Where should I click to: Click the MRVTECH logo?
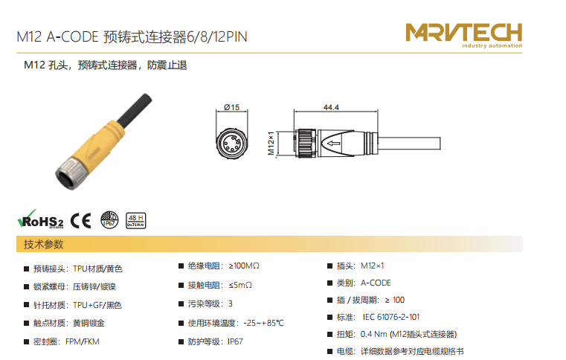click(x=464, y=35)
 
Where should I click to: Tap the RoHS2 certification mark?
click(x=40, y=219)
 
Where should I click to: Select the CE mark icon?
click(x=81, y=221)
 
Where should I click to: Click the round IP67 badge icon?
click(x=109, y=220)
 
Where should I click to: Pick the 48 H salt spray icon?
click(x=135, y=221)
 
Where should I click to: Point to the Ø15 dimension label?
click(x=231, y=107)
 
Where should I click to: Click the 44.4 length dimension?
click(x=331, y=107)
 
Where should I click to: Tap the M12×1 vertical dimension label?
click(x=271, y=143)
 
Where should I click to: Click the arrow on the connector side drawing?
click(x=333, y=144)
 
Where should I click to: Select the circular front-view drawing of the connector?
click(x=232, y=143)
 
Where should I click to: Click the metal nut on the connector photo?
click(x=70, y=173)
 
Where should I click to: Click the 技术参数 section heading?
click(x=44, y=245)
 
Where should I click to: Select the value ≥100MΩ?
click(x=244, y=266)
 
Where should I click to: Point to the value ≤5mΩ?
click(x=240, y=285)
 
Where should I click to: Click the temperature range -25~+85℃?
click(x=263, y=323)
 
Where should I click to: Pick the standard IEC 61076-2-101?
click(x=391, y=317)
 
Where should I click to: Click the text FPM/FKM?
click(x=83, y=341)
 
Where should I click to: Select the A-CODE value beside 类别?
click(x=376, y=283)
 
